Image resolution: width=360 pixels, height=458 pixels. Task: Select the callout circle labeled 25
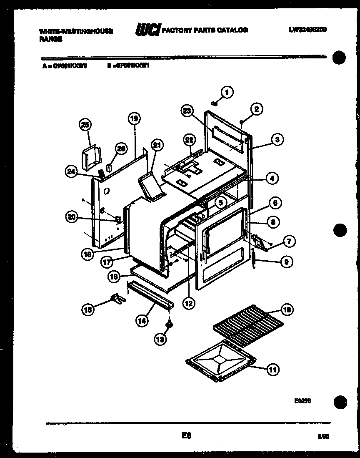(85, 125)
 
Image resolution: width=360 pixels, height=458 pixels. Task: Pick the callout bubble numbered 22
(190, 140)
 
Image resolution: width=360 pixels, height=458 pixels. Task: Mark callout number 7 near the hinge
(289, 241)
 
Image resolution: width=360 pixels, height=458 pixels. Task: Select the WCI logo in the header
(147, 30)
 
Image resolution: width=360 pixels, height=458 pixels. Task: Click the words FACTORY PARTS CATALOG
(205, 30)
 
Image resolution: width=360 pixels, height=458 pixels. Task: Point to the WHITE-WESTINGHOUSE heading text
(76, 31)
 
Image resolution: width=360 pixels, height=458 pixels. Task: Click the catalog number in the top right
(307, 30)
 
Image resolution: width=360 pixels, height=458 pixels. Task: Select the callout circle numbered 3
(277, 140)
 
